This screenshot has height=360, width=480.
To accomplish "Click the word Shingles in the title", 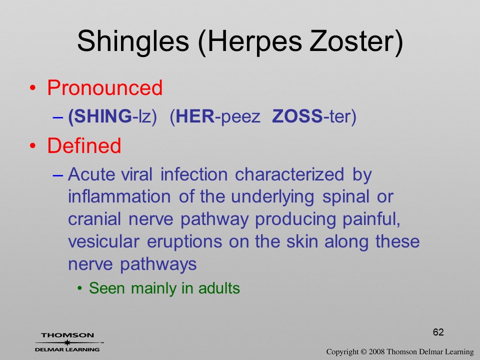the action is coord(133,41).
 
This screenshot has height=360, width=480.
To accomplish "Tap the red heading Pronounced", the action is coord(104,88).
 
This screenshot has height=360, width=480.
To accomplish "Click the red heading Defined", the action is coord(84,145).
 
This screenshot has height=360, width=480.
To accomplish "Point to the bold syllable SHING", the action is coord(103,116).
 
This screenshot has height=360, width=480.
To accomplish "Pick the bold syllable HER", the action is coord(195,116).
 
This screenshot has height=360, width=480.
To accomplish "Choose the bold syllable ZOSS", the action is coord(297,116).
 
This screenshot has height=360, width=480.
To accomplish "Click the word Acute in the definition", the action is coord(91,174).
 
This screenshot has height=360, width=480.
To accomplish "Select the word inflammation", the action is coord(119,196).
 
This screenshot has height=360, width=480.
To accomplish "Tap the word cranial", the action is coord(94,219).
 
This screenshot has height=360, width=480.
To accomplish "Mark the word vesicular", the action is coord(103,241).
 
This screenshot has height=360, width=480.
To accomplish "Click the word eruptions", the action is coord(184,242).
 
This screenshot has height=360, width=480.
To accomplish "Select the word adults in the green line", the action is coord(219,288).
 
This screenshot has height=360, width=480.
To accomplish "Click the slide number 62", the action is coord(438,332).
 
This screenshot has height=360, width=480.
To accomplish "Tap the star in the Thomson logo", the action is coord(67,342).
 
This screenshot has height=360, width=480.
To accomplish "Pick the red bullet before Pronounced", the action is coord(33,88).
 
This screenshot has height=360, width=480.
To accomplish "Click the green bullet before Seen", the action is coord(80,288).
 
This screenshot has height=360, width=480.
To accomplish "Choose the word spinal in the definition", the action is coord(345,197).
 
